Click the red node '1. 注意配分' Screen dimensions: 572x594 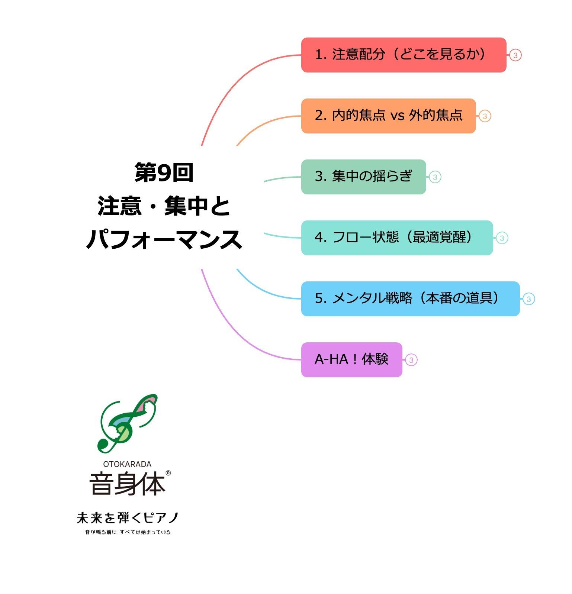point(404,55)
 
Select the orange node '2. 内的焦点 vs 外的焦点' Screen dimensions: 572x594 point(388,116)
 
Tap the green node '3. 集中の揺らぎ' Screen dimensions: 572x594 point(363,177)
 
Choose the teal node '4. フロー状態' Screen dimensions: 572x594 point(397,238)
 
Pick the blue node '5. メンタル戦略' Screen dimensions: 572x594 point(410,299)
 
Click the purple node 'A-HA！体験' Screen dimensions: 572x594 point(351,360)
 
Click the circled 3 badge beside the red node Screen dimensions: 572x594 point(515,55)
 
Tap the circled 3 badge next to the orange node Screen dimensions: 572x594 point(485,116)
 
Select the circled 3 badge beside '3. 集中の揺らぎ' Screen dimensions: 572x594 point(435,177)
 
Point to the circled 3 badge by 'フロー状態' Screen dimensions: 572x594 point(502,238)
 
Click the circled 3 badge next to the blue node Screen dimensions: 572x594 point(528,299)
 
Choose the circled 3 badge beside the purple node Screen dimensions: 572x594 point(411,360)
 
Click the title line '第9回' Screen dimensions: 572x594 point(164,172)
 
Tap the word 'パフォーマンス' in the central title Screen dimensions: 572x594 point(164,239)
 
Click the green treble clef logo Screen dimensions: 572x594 point(127,424)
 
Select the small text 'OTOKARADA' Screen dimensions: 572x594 point(127,464)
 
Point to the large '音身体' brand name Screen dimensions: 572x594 point(127,484)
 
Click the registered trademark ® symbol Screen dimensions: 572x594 point(168,473)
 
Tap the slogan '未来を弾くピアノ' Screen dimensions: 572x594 point(128,518)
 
